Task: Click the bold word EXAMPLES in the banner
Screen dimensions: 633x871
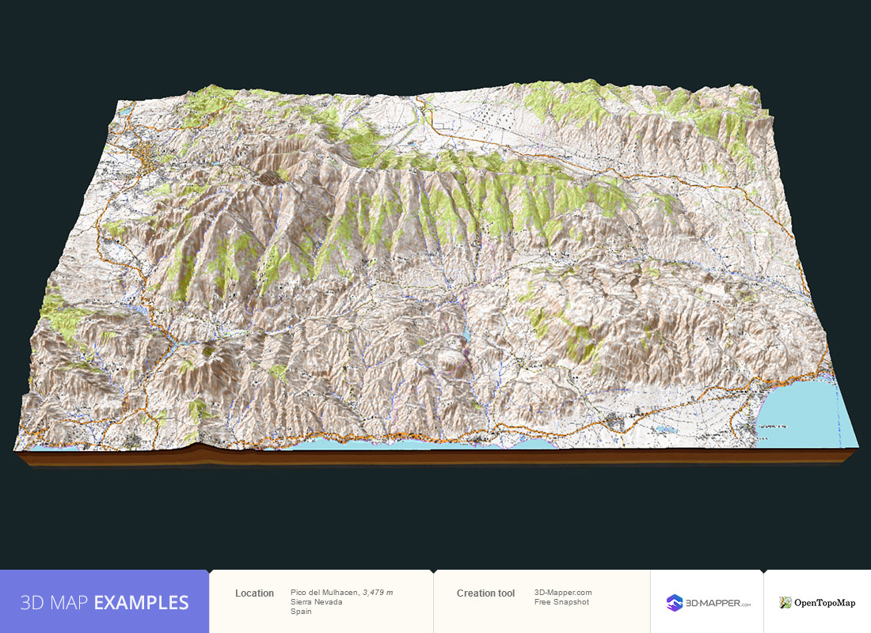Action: click(x=141, y=603)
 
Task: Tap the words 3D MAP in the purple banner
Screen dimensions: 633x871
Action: click(x=55, y=603)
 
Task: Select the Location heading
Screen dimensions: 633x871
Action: click(x=254, y=593)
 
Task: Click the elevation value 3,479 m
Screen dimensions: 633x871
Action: click(x=378, y=593)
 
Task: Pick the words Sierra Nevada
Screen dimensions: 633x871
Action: click(x=316, y=602)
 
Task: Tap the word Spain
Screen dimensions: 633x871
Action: click(x=301, y=612)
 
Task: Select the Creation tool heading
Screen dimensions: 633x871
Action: click(x=485, y=593)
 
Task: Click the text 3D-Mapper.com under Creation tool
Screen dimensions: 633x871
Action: click(x=563, y=593)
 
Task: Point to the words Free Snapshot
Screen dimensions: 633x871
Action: click(x=561, y=602)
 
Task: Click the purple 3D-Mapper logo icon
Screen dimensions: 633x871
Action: click(x=675, y=603)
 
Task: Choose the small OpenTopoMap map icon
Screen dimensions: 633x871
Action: click(x=785, y=603)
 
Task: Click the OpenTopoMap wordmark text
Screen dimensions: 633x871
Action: click(x=825, y=603)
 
